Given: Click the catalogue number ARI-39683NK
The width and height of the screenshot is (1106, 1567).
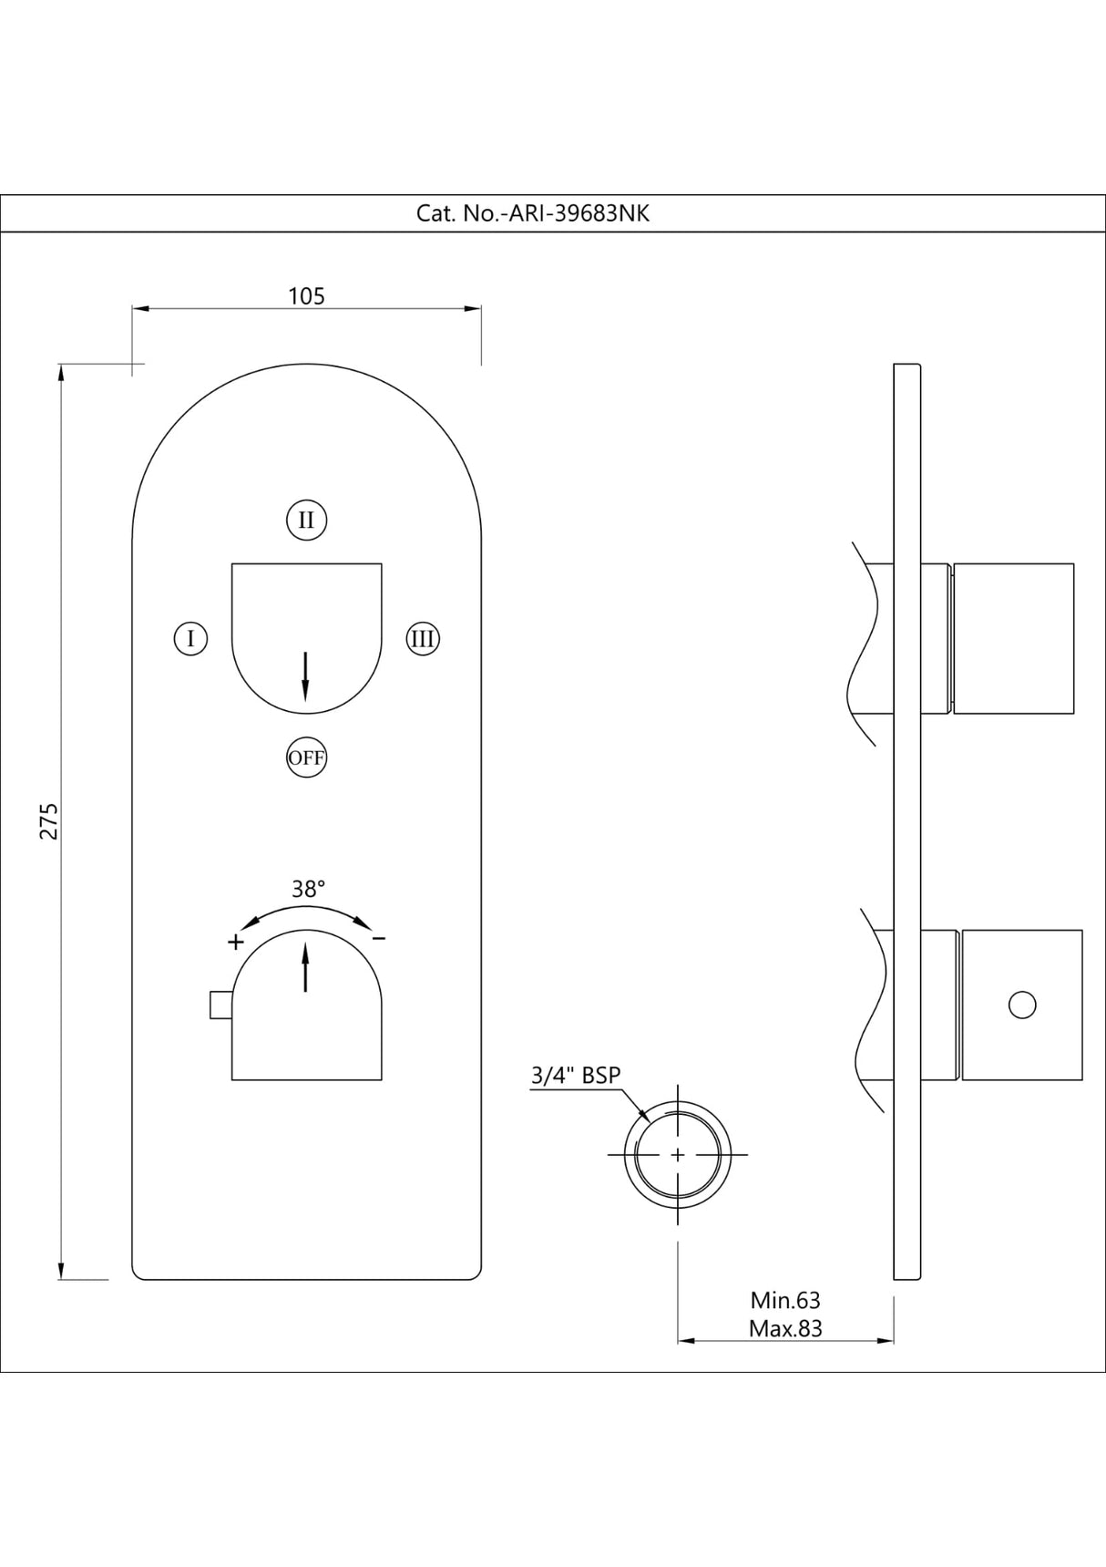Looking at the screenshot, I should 533,213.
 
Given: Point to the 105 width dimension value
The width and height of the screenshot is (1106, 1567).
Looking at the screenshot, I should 306,296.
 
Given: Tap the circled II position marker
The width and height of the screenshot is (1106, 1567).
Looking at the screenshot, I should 306,521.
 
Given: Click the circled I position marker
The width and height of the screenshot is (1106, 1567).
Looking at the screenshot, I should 190,638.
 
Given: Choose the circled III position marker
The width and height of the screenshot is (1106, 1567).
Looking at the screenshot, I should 422,638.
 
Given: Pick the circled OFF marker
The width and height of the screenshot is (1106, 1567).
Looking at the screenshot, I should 306,757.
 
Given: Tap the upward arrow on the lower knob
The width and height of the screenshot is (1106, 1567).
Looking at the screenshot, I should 305,967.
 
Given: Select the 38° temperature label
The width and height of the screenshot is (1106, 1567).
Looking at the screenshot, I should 308,889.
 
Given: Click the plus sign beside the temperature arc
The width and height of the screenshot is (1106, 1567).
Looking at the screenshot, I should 235,941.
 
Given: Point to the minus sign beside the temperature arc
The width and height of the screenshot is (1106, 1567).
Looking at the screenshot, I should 379,938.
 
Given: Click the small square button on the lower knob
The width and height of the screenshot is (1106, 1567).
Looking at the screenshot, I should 220,1005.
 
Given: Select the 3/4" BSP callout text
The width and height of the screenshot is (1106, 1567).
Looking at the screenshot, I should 576,1076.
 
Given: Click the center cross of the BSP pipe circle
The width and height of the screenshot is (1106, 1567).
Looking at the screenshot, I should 678,1154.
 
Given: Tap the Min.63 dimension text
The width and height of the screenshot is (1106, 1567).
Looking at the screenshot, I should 785,1300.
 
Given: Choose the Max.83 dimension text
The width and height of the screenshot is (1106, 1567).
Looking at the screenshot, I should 785,1328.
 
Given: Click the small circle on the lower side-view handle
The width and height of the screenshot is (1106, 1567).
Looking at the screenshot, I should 1022,1005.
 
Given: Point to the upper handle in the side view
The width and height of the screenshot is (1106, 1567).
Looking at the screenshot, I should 1013,638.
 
